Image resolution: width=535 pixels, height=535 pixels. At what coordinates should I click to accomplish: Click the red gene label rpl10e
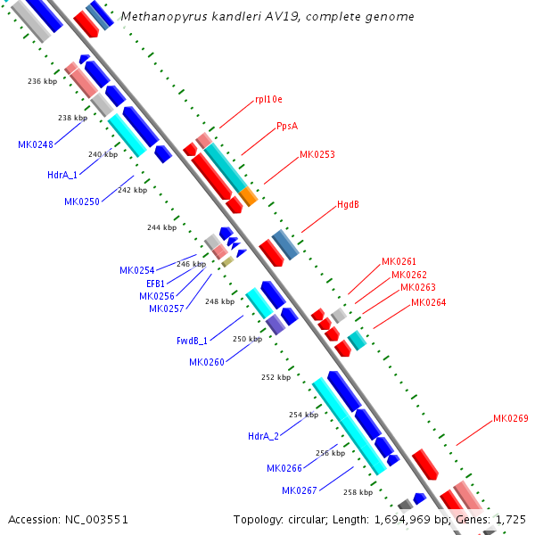click(269, 99)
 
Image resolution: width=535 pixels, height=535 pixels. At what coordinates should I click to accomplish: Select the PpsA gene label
click(287, 127)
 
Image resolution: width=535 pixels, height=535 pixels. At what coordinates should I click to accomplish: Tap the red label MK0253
click(317, 154)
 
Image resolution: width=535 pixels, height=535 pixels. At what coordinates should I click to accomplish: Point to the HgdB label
click(348, 204)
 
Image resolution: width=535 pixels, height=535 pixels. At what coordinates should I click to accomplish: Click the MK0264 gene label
click(429, 302)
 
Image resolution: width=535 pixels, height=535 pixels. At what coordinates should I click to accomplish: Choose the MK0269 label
click(511, 418)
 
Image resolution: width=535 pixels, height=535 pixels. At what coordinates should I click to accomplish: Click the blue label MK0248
click(36, 144)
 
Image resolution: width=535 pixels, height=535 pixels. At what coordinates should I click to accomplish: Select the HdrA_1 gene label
click(62, 175)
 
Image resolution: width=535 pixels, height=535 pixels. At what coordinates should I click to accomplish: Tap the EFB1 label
click(155, 284)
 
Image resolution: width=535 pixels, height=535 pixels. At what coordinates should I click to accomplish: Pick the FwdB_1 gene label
click(192, 341)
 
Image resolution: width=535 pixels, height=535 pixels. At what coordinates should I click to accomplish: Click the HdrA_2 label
click(263, 436)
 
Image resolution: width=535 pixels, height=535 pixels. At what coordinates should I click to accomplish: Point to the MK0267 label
click(300, 490)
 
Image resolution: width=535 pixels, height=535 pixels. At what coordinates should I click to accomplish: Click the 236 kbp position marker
click(42, 81)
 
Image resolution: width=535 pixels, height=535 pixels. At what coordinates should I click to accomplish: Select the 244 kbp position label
click(161, 227)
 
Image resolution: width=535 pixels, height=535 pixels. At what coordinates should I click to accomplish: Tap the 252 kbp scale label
click(276, 377)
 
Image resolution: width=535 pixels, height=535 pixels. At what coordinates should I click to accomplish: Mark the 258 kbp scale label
click(358, 492)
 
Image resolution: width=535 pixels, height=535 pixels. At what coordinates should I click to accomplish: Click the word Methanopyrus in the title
click(164, 17)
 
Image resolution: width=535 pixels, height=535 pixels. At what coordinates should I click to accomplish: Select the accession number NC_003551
click(96, 520)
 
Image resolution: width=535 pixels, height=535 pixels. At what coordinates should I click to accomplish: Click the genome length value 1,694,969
click(402, 520)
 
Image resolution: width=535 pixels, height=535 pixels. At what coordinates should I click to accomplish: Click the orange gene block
click(248, 196)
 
